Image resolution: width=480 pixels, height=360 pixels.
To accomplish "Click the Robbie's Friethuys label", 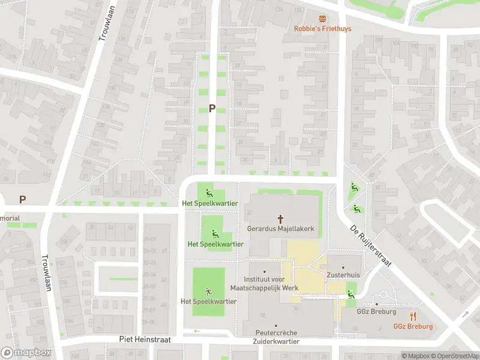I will (322, 29).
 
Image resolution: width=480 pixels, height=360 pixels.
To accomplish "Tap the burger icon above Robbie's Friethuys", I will (322, 19).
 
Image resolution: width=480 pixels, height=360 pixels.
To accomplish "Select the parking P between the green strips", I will (212, 109).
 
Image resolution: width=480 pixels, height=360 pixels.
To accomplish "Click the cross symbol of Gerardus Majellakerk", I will (280, 219).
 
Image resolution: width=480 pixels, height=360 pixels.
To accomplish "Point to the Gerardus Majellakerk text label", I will (280, 229).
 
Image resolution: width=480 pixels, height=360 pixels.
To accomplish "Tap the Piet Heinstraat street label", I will (145, 340).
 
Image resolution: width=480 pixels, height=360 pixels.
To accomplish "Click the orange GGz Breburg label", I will (413, 326).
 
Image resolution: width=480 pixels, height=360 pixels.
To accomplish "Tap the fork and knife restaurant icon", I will (413, 316).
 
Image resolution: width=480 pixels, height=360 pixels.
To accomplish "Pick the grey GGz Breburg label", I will (377, 312).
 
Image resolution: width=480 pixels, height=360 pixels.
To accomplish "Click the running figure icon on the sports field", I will (209, 291).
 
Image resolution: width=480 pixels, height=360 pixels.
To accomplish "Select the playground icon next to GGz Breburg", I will (350, 293).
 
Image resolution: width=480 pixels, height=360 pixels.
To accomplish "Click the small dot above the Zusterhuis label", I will (343, 267).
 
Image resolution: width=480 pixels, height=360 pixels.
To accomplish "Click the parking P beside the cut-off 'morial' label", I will (23, 199).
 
